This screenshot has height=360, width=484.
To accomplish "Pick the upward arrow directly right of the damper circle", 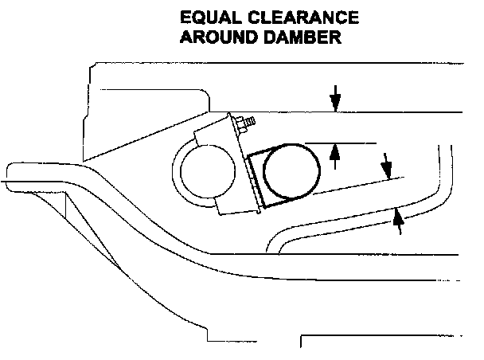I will pos(335,153).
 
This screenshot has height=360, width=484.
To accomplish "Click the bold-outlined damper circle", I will pos(291,170).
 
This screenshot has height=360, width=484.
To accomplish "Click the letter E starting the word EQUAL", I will pos(185,18).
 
